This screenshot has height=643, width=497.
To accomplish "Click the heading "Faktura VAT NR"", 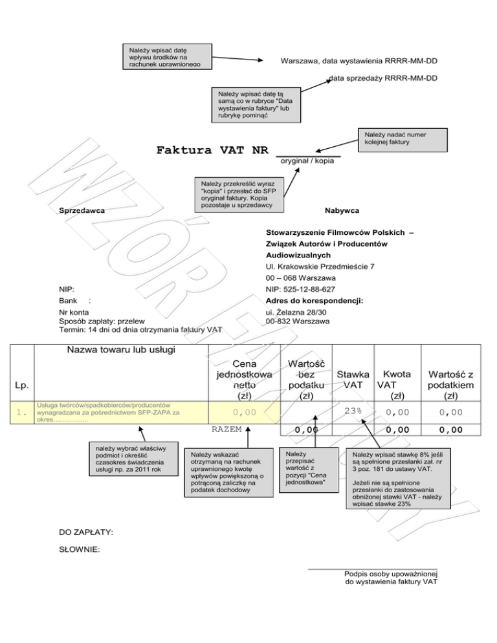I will pyautogui.click(x=212, y=151).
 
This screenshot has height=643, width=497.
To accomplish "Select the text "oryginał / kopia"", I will pyautogui.click(x=307, y=160).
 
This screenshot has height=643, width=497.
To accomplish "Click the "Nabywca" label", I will pyautogui.click(x=342, y=211).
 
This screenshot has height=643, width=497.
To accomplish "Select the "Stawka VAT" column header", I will pyautogui.click(x=353, y=380).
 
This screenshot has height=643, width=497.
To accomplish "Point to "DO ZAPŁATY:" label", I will pyautogui.click(x=86, y=532).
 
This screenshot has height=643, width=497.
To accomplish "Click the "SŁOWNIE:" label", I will pyautogui.click(x=79, y=550).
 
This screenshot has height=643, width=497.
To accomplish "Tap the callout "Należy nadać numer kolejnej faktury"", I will pyautogui.click(x=404, y=138).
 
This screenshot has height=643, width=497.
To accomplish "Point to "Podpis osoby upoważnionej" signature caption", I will pyautogui.click(x=392, y=573).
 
